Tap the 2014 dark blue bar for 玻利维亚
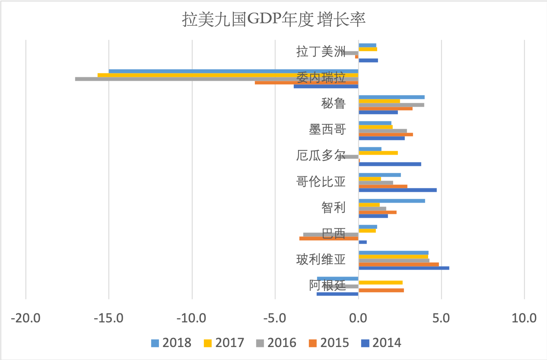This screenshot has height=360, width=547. (404, 268)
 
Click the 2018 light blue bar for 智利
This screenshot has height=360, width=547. (391, 201)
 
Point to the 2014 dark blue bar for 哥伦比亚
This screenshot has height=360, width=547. (398, 190)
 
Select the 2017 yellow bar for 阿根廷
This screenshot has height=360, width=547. (380, 283)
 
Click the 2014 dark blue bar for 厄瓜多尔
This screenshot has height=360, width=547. (390, 164)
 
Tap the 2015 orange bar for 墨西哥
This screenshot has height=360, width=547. (385, 134)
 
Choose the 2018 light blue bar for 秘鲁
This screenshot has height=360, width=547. (391, 97)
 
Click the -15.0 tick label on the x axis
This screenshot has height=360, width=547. (109, 319)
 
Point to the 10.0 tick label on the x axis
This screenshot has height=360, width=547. (524, 319)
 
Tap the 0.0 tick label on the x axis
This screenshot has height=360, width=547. (358, 319)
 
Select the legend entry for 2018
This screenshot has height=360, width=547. (172, 343)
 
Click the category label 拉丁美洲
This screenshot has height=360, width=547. (321, 52)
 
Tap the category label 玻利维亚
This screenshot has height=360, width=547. (321, 260)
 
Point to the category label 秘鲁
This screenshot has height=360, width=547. (333, 104)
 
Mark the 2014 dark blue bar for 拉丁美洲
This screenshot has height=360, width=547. (368, 60)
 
